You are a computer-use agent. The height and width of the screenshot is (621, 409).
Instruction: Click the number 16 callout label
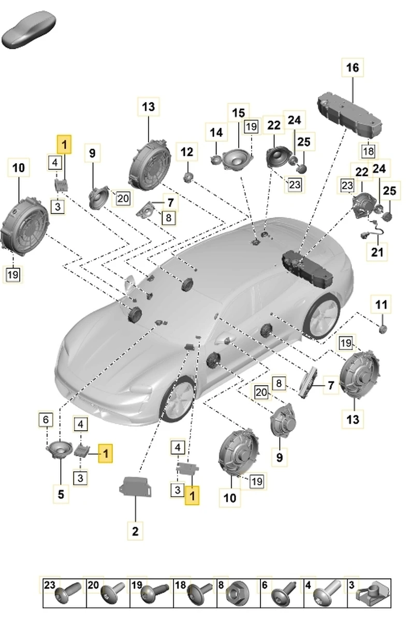(x=352, y=68)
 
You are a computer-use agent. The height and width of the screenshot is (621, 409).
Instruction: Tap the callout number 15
(x=238, y=113)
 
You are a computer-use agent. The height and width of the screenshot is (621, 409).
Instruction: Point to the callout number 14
(x=216, y=132)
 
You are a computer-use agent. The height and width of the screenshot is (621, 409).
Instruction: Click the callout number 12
(x=186, y=152)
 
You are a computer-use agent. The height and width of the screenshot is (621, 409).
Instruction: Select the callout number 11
(x=381, y=304)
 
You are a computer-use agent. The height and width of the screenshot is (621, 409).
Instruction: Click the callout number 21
(x=377, y=253)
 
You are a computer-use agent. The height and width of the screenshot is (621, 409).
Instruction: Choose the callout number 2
(x=135, y=530)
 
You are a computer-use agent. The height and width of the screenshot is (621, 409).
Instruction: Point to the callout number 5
(x=61, y=494)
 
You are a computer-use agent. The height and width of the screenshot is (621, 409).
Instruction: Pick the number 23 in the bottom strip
(x=49, y=585)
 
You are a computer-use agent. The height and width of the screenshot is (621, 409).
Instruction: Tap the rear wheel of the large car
(x=322, y=316)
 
